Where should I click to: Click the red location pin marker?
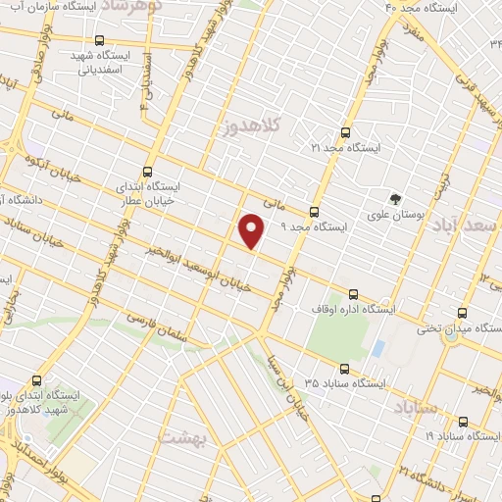[252, 229]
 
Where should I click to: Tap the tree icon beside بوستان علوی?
[395, 197]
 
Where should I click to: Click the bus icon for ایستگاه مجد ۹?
[314, 211]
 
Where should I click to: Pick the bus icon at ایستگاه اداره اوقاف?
[353, 294]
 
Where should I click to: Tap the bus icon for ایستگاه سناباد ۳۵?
[343, 369]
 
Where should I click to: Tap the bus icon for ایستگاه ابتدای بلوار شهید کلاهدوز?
[36, 380]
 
